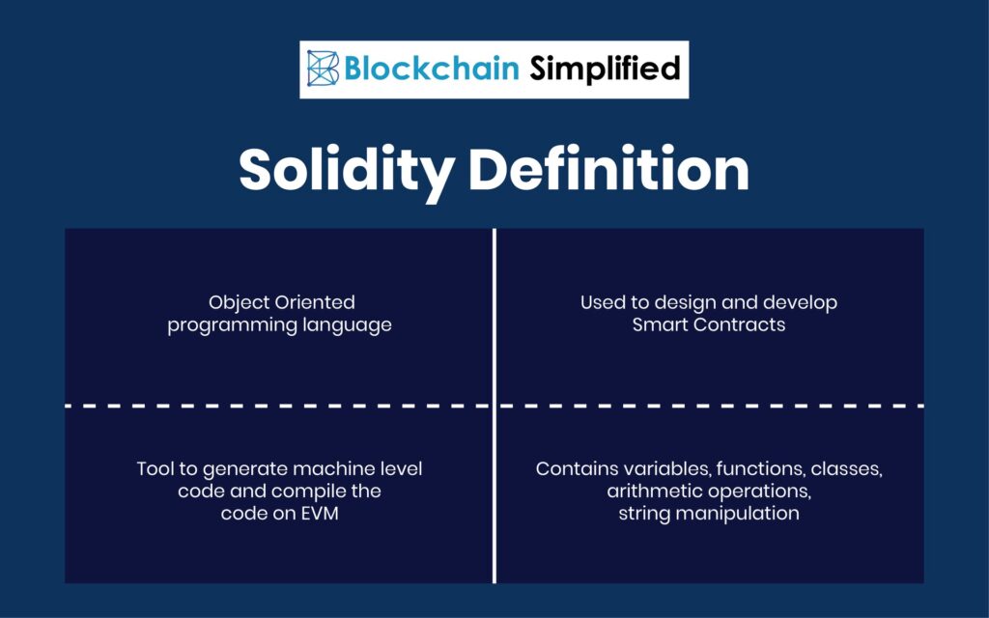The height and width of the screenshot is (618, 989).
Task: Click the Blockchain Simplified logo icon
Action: pyautogui.click(x=324, y=69)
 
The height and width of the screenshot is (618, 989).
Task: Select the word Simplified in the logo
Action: pyautogui.click(x=604, y=69)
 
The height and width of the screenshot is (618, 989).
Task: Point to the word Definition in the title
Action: pyautogui.click(x=608, y=170)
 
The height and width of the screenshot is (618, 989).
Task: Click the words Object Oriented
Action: pyautogui.click(x=280, y=303)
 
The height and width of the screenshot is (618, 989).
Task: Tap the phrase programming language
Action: pyautogui.click(x=280, y=324)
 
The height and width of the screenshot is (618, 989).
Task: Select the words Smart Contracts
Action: pyautogui.click(x=709, y=324)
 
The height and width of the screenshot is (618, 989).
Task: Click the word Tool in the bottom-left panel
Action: pyautogui.click(x=155, y=469)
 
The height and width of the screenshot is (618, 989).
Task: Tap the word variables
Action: pyautogui.click(x=654, y=469)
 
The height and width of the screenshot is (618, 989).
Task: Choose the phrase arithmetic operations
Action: pyautogui.click(x=709, y=492)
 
